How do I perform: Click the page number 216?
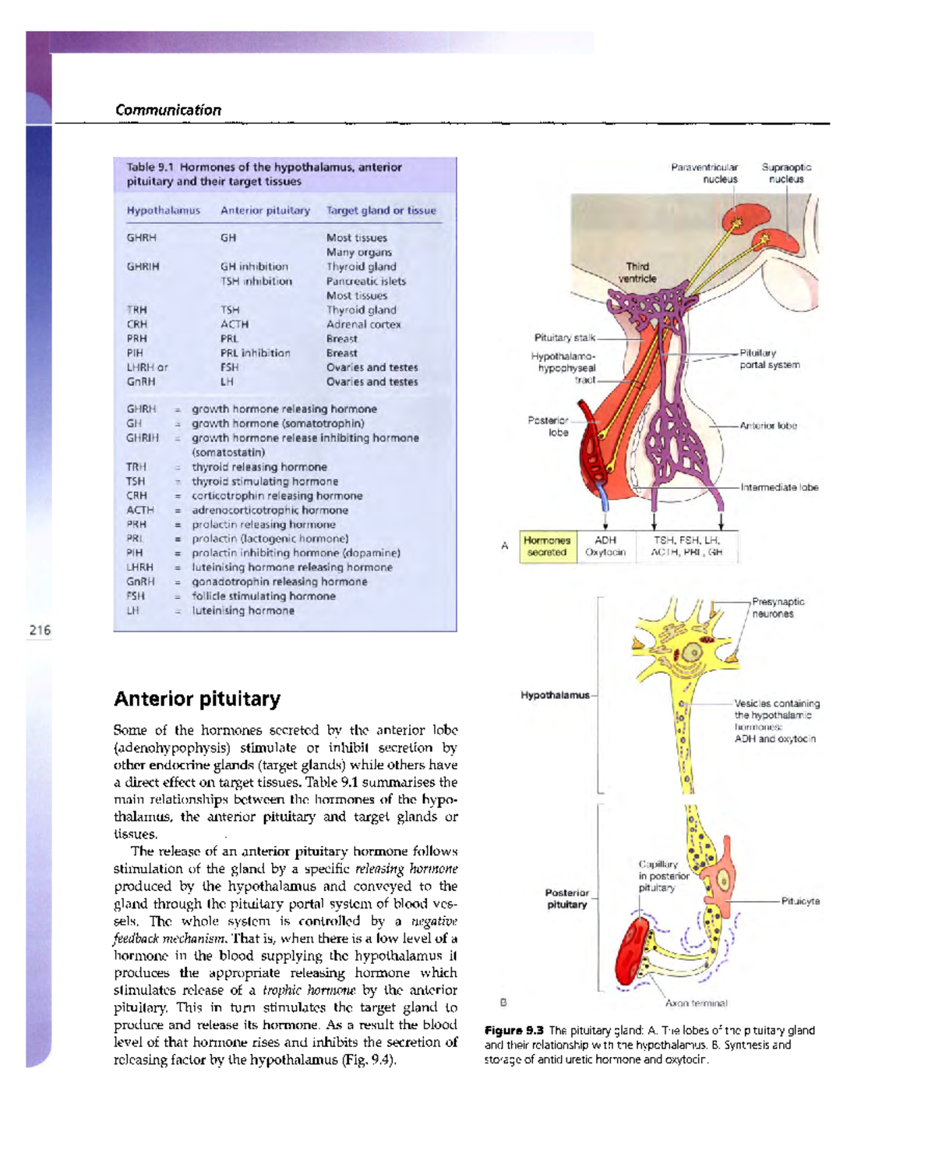(39, 630)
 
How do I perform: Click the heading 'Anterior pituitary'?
(197, 699)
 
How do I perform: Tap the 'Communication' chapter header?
(168, 110)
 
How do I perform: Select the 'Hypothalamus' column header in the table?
(163, 211)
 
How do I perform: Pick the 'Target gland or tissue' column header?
(381, 211)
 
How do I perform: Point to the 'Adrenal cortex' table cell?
(363, 324)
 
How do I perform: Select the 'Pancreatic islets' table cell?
(365, 281)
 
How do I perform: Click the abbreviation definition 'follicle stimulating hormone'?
(263, 596)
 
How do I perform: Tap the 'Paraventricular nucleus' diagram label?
(704, 173)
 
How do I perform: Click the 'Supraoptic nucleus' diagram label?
(786, 173)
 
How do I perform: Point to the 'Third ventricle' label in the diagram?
(637, 273)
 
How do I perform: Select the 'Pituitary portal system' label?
(769, 359)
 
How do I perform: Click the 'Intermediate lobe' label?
(779, 487)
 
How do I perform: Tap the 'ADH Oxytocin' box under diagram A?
(605, 547)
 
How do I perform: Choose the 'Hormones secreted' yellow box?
(547, 547)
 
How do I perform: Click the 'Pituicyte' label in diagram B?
(800, 901)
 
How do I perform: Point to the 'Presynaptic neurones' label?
(778, 608)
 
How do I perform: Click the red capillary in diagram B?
(632, 953)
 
